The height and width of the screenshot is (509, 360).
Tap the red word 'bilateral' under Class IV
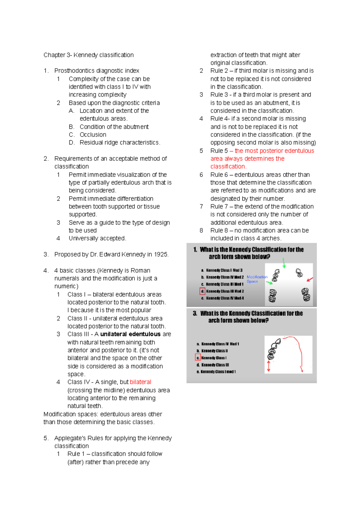point(140,382)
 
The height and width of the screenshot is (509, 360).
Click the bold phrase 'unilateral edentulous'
point(130,334)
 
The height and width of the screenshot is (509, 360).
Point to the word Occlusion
point(93,135)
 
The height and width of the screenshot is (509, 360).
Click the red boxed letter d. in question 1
point(202,291)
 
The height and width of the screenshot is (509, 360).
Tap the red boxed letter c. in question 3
point(198,358)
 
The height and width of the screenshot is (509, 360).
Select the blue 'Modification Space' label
point(257,279)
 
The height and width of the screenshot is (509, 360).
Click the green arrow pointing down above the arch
point(283,263)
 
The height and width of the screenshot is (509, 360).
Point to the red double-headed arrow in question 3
point(268,366)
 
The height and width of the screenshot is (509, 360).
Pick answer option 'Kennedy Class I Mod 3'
point(224,270)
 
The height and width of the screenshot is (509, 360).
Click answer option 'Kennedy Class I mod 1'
point(218,372)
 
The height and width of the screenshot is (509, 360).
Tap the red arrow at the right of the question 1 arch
point(310,279)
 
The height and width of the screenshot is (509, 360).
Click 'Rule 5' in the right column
point(219,151)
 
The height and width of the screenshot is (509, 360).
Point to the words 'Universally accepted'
point(97,238)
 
